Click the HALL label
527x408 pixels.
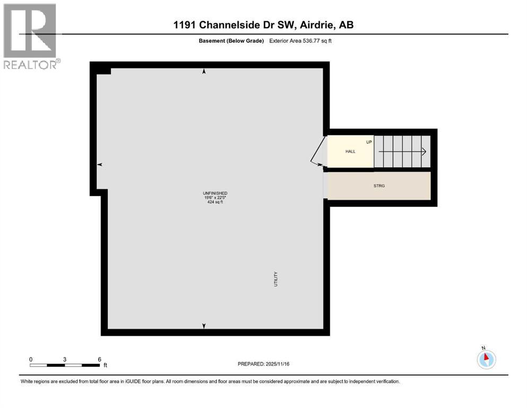[x=350, y=151]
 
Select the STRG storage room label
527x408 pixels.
[x=379, y=185]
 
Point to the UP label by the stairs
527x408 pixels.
[x=369, y=142]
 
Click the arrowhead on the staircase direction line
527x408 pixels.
[x=424, y=151]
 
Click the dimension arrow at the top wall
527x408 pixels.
[x=204, y=71]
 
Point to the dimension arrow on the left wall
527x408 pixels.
[x=99, y=165]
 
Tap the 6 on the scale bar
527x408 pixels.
[x=99, y=359]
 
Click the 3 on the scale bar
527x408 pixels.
[x=65, y=359]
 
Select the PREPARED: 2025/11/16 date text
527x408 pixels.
[x=263, y=364]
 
